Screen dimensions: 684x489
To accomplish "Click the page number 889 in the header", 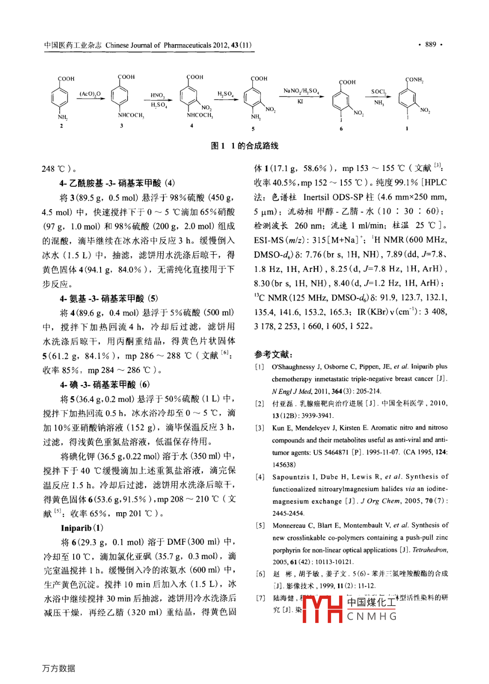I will [x=430, y=45].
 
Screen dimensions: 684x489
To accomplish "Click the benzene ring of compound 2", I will [x=60, y=98].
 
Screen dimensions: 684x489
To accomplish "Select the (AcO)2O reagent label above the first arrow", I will [x=90, y=94].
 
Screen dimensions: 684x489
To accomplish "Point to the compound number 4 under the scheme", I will [x=191, y=126].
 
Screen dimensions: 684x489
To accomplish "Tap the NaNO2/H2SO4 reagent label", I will [x=301, y=91].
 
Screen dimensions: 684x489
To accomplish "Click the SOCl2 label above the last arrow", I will [x=379, y=92].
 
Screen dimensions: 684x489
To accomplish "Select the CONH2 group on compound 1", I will [x=414, y=80].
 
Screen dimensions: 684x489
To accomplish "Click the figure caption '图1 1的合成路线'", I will [x=244, y=146].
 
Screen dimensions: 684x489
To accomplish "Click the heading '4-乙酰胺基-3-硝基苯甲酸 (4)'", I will [x=117, y=183].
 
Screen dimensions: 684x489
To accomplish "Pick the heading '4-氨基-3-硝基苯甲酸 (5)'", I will [x=109, y=298].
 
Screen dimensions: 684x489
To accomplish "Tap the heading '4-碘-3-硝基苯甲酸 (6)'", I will [x=105, y=385].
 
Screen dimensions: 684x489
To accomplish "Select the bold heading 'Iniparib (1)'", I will [x=82, y=528].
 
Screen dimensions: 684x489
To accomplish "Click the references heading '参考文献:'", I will [x=273, y=354].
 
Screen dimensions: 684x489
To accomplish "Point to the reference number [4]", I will [x=260, y=477].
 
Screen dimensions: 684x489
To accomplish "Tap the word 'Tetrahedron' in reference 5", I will [x=429, y=550].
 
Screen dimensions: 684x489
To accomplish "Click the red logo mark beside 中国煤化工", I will [x=322, y=609].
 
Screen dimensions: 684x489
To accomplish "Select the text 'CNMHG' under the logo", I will [x=372, y=616].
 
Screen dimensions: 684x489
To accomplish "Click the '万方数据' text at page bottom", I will [x=59, y=668].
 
